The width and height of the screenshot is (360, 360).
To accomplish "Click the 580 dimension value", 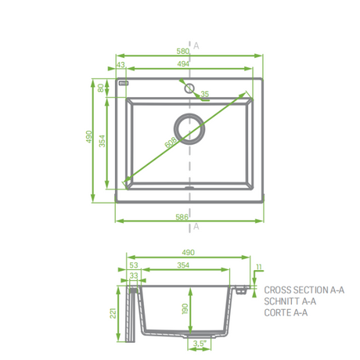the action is [x=182, y=51].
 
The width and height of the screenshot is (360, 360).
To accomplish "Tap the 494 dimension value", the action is [x=183, y=64].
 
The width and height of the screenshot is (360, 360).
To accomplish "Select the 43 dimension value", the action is [x=121, y=64].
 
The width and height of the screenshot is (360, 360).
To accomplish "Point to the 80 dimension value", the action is [x=101, y=88].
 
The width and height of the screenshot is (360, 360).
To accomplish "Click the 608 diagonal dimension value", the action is [x=171, y=142].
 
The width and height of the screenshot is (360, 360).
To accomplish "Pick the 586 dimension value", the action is [x=182, y=217].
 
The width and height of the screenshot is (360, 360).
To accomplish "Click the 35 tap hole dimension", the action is [x=205, y=94].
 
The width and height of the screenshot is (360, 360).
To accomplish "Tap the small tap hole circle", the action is [x=189, y=88].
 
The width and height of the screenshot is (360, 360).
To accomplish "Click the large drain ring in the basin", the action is [x=189, y=129].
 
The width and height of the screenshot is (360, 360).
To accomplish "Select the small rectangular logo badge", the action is [x=124, y=83].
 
